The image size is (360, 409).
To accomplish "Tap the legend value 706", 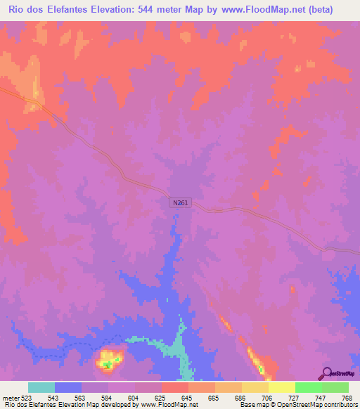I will pyautogui.click(x=268, y=398).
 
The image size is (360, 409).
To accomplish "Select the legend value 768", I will pyautogui.click(x=348, y=398).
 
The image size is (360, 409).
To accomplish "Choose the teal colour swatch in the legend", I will pyautogui.click(x=41, y=387).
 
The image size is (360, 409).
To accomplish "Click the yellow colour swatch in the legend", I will pyautogui.click(x=281, y=387).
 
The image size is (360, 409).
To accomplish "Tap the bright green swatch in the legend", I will pyautogui.click(x=308, y=387).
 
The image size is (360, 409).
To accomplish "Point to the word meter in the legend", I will pyautogui.click(x=9, y=398).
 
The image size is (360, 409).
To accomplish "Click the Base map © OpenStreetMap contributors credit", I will pyautogui.click(x=299, y=405).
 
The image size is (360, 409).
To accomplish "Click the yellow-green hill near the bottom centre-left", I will pyautogui.click(x=108, y=359).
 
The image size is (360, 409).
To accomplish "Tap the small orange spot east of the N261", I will pyautogui.click(x=292, y=289).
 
